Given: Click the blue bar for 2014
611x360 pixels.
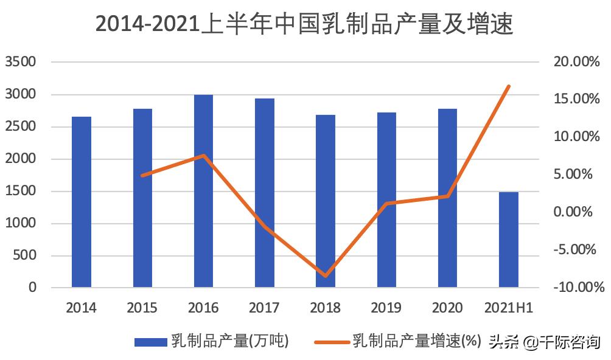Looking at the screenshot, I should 82,201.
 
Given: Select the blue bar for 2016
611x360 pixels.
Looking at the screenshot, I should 203,190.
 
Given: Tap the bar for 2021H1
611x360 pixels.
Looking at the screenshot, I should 509,239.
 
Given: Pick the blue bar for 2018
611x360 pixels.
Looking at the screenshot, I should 326,201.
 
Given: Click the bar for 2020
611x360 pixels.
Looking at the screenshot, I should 447,198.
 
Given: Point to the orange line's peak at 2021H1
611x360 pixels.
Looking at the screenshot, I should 509,86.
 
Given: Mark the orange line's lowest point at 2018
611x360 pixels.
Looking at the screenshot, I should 326,275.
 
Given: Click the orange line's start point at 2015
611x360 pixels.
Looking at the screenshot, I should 142,175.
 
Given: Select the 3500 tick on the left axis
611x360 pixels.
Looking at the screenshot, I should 21,62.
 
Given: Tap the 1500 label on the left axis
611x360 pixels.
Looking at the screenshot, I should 21,191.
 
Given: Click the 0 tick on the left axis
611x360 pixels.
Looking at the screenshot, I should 32,288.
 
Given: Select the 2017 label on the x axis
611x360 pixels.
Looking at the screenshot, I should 264,308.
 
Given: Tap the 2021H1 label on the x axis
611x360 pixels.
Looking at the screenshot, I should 509,308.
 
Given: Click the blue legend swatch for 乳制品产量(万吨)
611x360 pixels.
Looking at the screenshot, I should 150,342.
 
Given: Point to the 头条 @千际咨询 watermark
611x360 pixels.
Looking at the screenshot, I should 544,342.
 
